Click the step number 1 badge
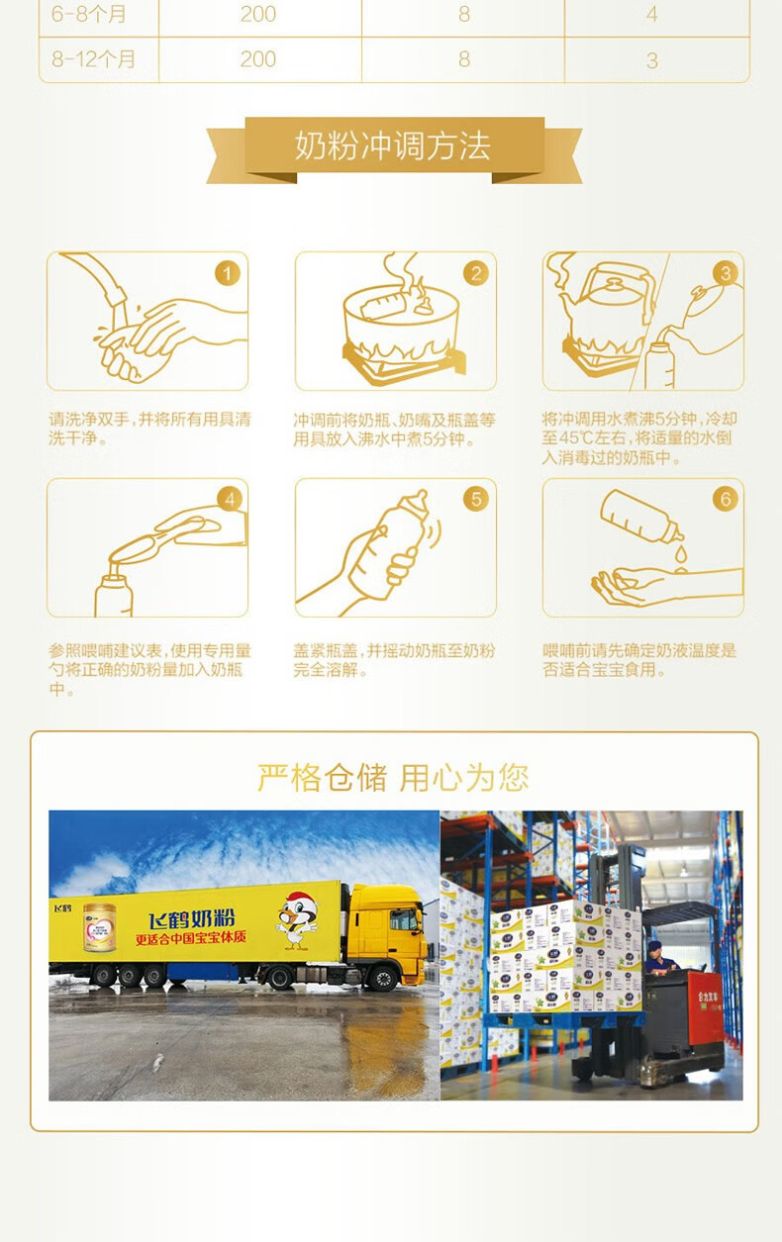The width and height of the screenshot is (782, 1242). (227, 273)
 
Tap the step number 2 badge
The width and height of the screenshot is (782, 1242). (476, 273)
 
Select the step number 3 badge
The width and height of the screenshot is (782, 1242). (726, 273)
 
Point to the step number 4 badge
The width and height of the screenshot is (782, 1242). (230, 499)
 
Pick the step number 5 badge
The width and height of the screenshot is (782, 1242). (476, 499)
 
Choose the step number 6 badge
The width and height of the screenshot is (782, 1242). (726, 499)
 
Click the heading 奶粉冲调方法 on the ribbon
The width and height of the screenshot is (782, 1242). (393, 145)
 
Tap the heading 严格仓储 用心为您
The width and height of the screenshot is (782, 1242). (393, 777)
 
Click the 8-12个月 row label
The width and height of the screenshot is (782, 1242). (93, 59)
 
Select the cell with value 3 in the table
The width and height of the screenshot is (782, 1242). (652, 60)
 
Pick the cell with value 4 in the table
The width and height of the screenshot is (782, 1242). (652, 15)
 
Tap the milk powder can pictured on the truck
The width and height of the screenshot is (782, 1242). (100, 927)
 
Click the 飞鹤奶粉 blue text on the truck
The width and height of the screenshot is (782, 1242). (191, 919)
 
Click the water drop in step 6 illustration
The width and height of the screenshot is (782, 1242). (680, 553)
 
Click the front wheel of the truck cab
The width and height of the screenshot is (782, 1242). (382, 979)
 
